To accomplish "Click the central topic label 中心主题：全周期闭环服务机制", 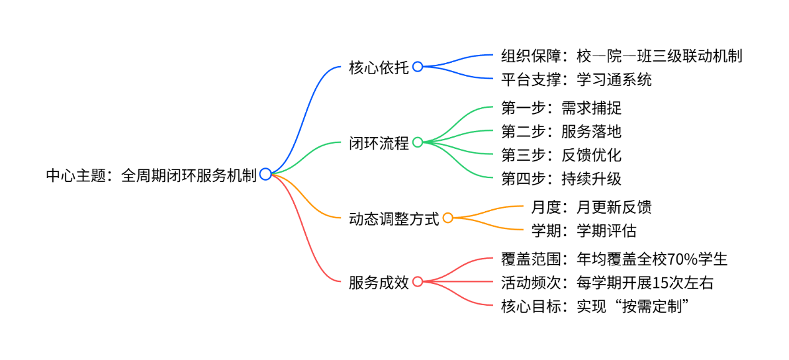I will [x=151, y=176].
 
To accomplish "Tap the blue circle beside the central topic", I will [x=265, y=174].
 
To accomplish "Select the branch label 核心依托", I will [x=379, y=67].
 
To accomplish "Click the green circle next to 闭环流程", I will [x=418, y=143].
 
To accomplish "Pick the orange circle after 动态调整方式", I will [x=448, y=218].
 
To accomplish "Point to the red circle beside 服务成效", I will [x=418, y=282].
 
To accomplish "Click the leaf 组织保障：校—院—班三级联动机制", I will [x=621, y=56].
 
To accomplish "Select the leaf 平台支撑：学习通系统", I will [x=576, y=80].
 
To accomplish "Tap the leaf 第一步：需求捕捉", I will [x=561, y=108].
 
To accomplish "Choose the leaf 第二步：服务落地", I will [x=561, y=131].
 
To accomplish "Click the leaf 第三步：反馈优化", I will [x=561, y=155].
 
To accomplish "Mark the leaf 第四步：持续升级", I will [x=561, y=179].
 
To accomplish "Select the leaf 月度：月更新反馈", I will [x=591, y=206].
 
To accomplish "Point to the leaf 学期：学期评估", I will [x=583, y=230].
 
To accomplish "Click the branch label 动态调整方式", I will [x=394, y=219].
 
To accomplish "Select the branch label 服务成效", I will [x=379, y=282].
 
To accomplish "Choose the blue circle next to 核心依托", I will [x=418, y=67].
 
